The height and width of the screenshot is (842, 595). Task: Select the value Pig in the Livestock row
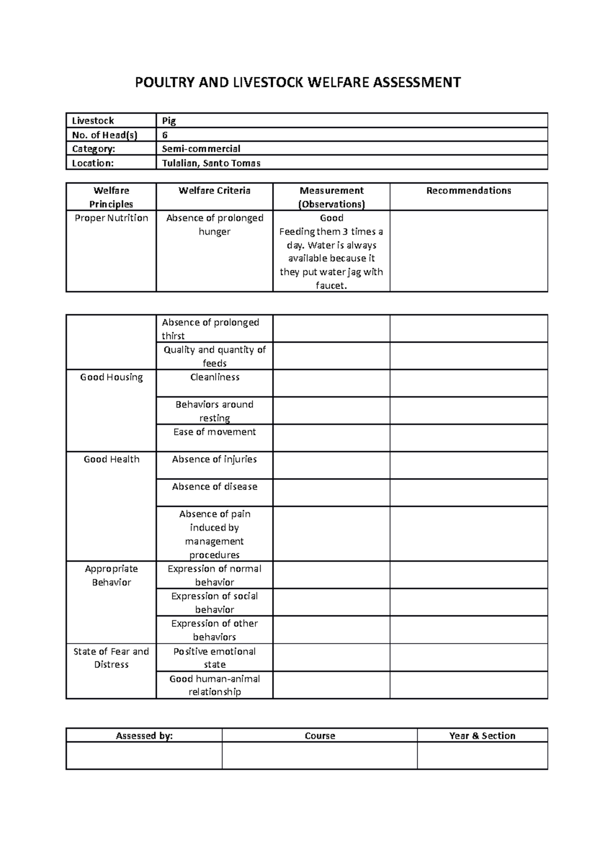point(169,120)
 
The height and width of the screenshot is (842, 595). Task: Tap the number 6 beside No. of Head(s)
point(165,135)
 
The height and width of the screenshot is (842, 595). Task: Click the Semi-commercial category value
point(201,149)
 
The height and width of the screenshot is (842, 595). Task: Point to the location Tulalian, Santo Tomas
point(211,163)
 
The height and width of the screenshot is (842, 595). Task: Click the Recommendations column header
point(468,191)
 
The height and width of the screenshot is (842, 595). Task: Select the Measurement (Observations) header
point(331,197)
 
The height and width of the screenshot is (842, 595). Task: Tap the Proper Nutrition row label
point(111,218)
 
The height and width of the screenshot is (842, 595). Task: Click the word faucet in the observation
point(330,286)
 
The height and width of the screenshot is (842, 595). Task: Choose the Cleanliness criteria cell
point(214,377)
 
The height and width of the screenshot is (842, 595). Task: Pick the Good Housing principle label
point(111,377)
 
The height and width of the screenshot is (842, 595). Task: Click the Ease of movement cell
point(214,432)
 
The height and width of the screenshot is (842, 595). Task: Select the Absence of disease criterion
point(214,487)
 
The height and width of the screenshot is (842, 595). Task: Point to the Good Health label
point(111,460)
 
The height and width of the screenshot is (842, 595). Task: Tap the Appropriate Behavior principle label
point(111,575)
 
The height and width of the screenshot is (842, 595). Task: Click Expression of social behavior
point(214,602)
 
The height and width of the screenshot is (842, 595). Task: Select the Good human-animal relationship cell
point(214,685)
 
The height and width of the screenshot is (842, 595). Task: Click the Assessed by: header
point(144,736)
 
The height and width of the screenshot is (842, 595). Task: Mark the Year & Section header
point(482,736)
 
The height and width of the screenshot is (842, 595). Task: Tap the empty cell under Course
point(319,755)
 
